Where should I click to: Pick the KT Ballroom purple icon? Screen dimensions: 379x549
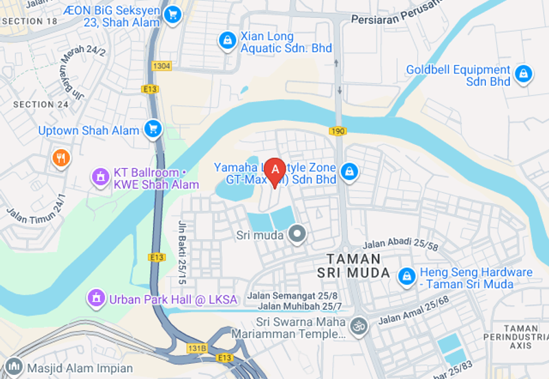[101, 176]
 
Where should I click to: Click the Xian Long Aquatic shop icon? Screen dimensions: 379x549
[226, 41]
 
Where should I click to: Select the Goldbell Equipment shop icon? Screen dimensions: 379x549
[523, 74]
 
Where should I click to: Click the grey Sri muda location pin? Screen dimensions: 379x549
[297, 236]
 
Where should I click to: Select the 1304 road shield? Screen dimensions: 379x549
[162, 66]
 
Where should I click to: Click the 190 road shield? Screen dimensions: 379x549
[336, 130]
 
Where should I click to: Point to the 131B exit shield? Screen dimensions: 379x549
[197, 348]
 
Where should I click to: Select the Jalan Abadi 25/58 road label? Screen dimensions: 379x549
[400, 244]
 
